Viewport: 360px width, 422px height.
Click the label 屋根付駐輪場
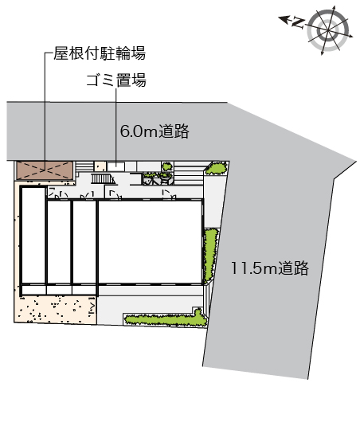point(100,53)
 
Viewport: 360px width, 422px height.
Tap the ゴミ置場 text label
point(116,80)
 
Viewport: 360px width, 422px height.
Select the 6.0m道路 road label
point(155,131)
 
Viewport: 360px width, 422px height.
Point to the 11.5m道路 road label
point(270,268)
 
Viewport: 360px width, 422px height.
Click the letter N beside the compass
point(298,22)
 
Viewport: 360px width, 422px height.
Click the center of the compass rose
point(328,30)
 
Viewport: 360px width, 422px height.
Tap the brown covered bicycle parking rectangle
point(45,170)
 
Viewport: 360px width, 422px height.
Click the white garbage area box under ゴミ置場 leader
point(116,166)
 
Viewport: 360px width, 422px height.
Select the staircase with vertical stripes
point(102,179)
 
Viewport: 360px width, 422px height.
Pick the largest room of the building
point(150,242)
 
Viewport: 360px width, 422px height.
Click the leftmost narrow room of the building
point(33,236)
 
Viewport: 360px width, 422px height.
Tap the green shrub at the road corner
point(215,168)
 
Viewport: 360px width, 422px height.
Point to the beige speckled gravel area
point(55,309)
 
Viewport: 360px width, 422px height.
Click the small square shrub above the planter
point(167,166)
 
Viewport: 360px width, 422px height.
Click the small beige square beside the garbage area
point(100,166)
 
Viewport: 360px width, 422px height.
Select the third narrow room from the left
point(84,242)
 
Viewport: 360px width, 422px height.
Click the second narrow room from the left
point(59,242)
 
